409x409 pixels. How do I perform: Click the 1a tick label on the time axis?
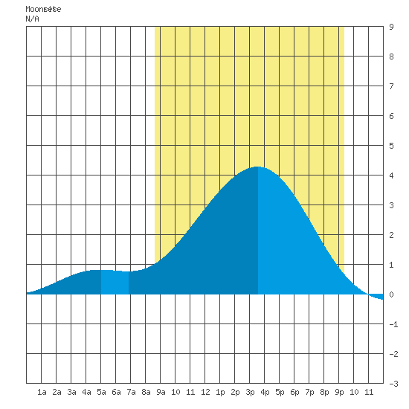42,392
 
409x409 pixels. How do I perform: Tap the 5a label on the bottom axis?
101,392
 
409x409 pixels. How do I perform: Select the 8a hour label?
146,392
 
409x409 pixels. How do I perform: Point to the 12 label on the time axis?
205,392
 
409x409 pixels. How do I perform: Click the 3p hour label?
250,392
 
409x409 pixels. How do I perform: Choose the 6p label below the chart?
294,392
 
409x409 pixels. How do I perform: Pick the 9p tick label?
339,392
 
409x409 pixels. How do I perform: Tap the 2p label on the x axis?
235,392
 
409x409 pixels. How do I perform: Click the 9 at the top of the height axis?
391,27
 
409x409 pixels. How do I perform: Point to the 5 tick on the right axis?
391,146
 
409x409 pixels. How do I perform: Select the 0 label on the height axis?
391,294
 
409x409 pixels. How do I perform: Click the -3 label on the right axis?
393,384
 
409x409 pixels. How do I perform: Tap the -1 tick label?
393,324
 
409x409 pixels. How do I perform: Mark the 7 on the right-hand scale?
391,86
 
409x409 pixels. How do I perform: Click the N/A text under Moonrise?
32,19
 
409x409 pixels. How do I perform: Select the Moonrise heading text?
43,9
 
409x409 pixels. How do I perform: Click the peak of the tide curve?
257,167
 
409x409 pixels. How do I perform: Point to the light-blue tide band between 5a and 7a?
115,283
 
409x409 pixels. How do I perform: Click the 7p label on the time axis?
309,392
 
